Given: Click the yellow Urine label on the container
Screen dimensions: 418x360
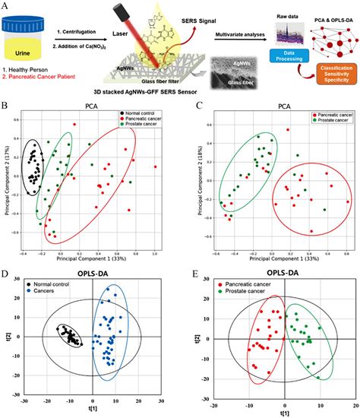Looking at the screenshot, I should (26, 53).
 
